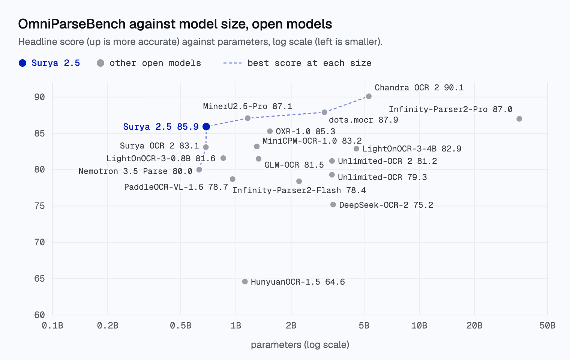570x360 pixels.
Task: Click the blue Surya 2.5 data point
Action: tap(206, 126)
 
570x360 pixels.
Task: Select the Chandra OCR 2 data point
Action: tap(369, 96)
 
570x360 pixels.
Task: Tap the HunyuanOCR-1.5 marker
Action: tap(245, 282)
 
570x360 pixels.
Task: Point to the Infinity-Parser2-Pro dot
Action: tap(519, 119)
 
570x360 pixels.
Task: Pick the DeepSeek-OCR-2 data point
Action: tap(333, 205)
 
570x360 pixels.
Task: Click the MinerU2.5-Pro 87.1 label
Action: tap(247, 106)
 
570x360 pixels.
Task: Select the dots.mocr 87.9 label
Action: tap(363, 120)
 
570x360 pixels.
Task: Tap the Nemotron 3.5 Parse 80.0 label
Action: tap(135, 171)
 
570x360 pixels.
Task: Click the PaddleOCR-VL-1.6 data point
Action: tap(232, 179)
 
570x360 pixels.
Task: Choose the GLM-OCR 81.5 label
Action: tap(294, 165)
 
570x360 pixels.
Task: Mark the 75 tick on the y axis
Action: tap(39, 206)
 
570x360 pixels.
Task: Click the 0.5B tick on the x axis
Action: tap(181, 325)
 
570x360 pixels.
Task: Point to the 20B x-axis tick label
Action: tap(474, 325)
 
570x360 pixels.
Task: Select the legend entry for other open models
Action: tap(149, 63)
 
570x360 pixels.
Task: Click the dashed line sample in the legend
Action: tap(232, 63)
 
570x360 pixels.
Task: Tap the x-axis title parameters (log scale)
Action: tap(300, 345)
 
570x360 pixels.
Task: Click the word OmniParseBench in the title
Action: tap(72, 24)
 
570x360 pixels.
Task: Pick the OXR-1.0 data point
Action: tap(270, 131)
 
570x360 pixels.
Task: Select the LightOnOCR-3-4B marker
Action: tap(357, 149)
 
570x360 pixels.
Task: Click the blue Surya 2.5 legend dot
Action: tap(22, 63)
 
